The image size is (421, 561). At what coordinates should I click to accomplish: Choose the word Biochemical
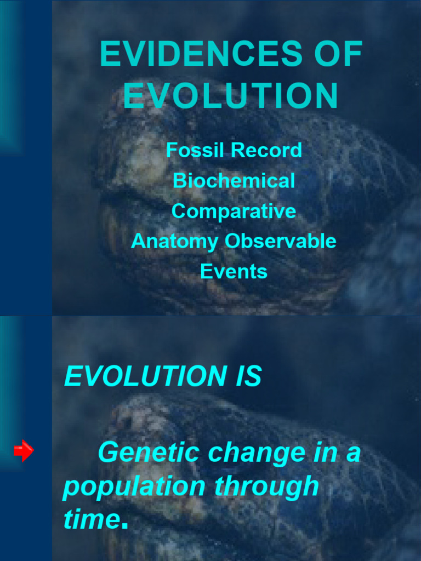coord(234,181)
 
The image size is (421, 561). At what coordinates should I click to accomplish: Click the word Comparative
coord(234,211)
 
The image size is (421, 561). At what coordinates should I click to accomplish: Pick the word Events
coord(234,271)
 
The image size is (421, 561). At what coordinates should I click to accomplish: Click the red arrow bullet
coord(24,451)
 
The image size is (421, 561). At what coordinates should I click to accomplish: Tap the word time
coord(90,519)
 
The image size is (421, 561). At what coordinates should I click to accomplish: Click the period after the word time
coord(124,527)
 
